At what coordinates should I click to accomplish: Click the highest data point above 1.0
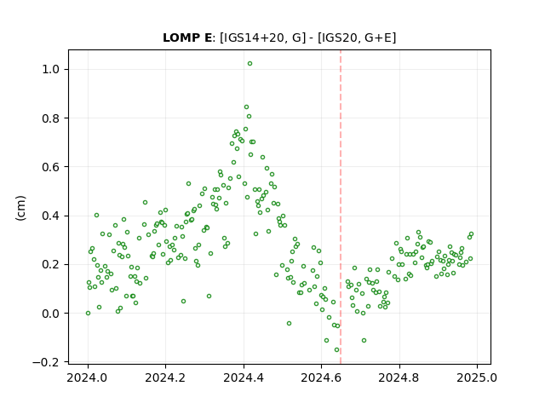pyautogui.click(x=250, y=64)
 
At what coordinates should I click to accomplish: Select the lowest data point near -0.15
pyautogui.click(x=336, y=350)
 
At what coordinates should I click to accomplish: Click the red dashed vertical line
pyautogui.click(x=341, y=207)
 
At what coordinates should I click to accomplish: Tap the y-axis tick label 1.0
pyautogui.click(x=50, y=70)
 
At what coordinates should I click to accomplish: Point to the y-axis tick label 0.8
pyautogui.click(x=50, y=118)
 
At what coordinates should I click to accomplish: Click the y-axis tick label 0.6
pyautogui.click(x=50, y=167)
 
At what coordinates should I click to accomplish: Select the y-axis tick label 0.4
pyautogui.click(x=50, y=216)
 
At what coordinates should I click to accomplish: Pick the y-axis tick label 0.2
pyautogui.click(x=50, y=265)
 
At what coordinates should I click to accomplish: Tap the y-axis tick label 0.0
pyautogui.click(x=50, y=314)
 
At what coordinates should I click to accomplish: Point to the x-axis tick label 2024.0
pyautogui.click(x=88, y=378)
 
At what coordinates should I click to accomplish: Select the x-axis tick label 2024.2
pyautogui.click(x=166, y=378)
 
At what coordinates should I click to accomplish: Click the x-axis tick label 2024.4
pyautogui.click(x=244, y=378)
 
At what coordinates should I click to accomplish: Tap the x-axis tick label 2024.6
pyautogui.click(x=322, y=378)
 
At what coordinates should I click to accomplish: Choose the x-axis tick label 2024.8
pyautogui.click(x=399, y=378)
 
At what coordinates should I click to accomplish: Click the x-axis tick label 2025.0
pyautogui.click(x=477, y=378)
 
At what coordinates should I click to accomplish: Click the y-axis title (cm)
pyautogui.click(x=20, y=208)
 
